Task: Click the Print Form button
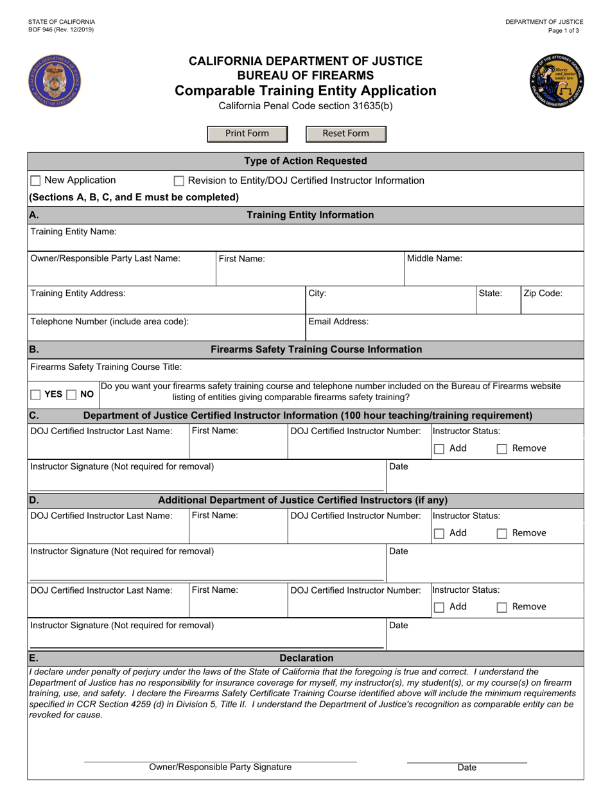(x=247, y=134)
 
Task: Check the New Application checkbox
(x=36, y=181)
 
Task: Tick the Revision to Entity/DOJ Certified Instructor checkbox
(x=180, y=181)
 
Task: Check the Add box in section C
(x=439, y=449)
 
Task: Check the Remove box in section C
(x=503, y=449)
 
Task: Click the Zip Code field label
(x=543, y=294)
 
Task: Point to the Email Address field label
(x=338, y=321)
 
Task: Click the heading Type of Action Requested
(x=306, y=161)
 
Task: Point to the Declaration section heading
(x=306, y=658)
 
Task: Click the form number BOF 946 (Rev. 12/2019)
(x=60, y=30)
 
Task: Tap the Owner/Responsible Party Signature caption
(x=220, y=767)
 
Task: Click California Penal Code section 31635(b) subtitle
(x=306, y=106)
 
